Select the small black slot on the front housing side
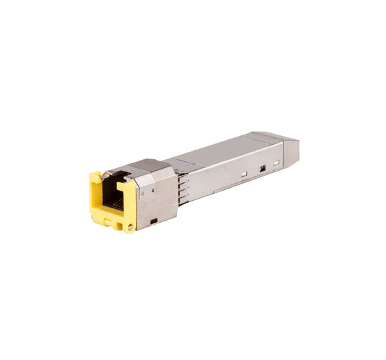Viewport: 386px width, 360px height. click(153, 221)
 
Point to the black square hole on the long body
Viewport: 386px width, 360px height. click(262, 167)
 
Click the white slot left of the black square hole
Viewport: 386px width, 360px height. click(244, 174)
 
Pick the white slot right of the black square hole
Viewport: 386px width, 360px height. click(276, 163)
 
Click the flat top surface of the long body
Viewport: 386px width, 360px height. click(219, 152)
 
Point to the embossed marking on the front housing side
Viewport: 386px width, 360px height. click(142, 193)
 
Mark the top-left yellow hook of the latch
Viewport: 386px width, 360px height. click(95, 176)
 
